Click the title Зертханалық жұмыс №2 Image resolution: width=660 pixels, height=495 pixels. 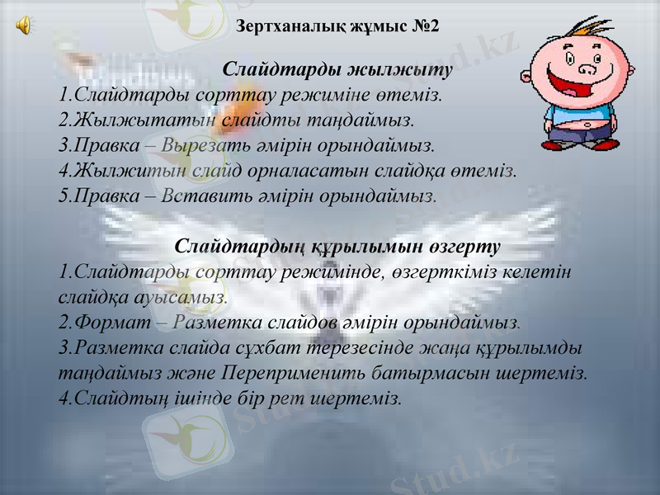coord(337,26)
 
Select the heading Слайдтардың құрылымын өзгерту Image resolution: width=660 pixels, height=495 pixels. coord(338,247)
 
